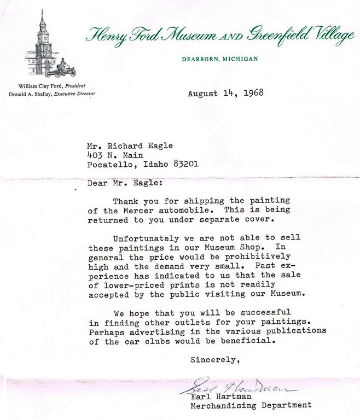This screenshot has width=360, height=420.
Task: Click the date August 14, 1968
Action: click(225, 93)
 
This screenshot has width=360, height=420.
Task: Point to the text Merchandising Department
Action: click(251, 405)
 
